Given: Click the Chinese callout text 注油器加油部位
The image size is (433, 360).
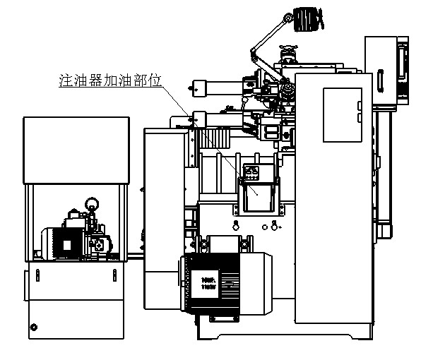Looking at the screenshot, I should point(110,81).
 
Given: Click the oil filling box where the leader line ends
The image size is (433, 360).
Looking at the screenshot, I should point(257,194).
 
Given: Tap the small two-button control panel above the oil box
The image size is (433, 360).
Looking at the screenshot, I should point(253,170).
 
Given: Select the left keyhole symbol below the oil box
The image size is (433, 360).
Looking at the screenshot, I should point(235,226).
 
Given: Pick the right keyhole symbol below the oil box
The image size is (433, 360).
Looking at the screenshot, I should point(275,226).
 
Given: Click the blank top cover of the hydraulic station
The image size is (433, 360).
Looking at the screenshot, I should point(76,150).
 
